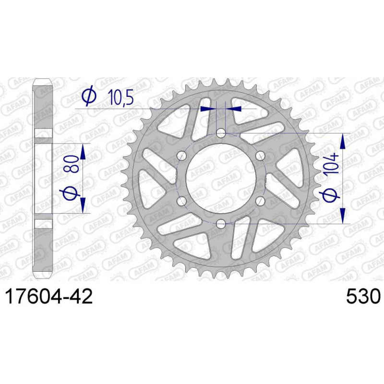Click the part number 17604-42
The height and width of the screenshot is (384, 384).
[49, 296]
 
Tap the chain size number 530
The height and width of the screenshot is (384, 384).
[363, 296]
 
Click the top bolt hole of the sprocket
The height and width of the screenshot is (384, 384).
[221, 133]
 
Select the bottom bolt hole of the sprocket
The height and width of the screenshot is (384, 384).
[221, 223]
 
